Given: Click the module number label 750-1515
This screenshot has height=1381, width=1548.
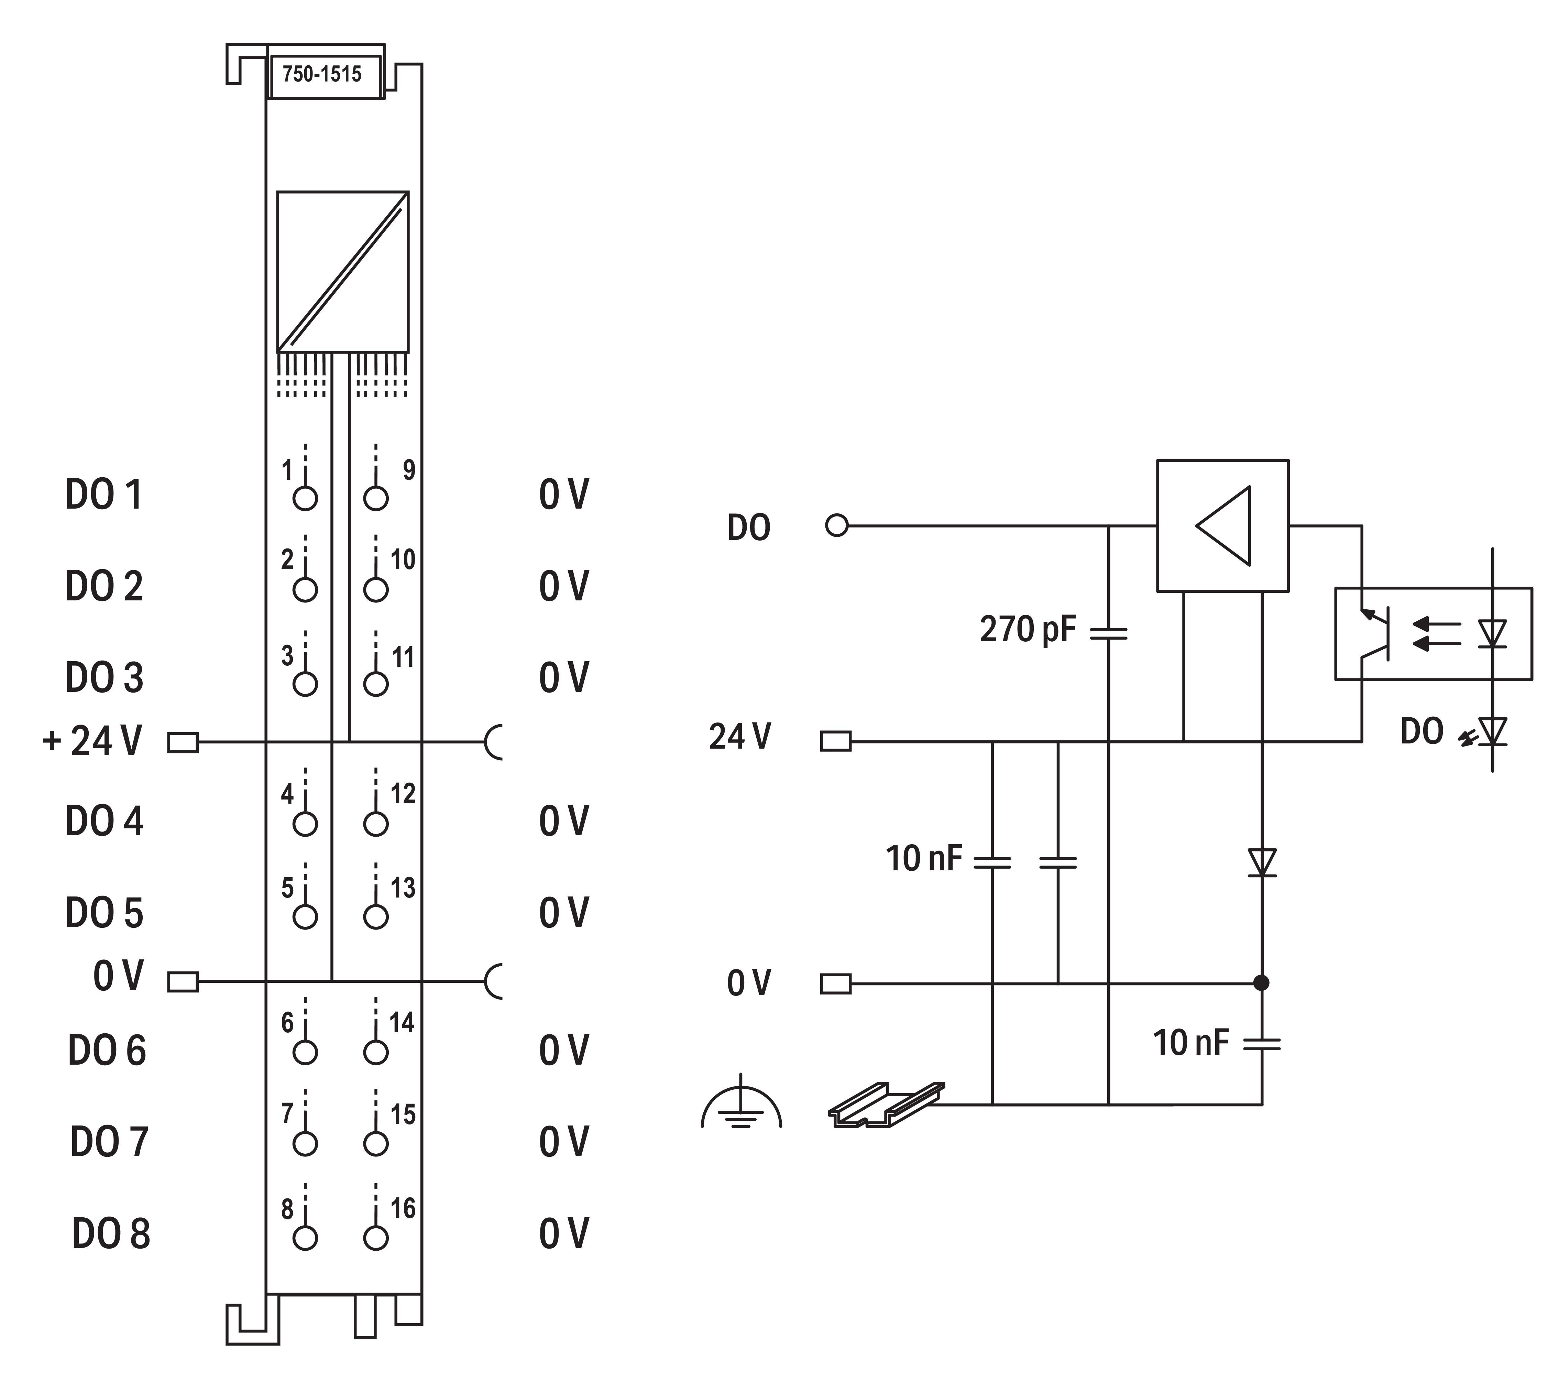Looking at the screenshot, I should pos(322,74).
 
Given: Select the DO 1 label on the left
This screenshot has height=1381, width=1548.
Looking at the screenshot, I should pos(104,495).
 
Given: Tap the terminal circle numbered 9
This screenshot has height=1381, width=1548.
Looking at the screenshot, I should pos(375,499).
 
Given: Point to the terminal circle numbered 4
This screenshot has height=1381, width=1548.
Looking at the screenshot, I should pos(305,824).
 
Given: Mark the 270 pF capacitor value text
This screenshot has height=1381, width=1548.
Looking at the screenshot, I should pos(1028,629).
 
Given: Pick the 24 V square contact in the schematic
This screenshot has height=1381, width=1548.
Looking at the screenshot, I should pos(836,741).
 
